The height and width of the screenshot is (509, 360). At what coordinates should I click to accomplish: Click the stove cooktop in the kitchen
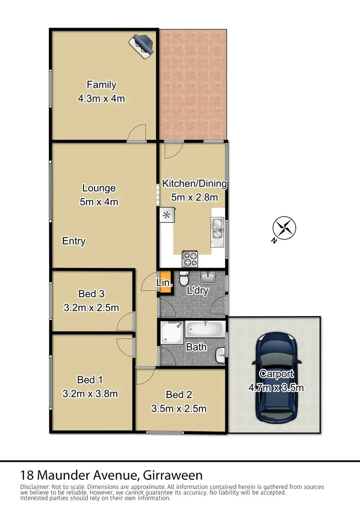click(x=190, y=260)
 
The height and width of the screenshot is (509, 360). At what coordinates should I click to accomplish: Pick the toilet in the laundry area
click(x=183, y=278)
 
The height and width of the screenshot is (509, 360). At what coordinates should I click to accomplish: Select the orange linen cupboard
click(x=166, y=284)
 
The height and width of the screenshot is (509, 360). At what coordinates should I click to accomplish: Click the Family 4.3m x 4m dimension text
click(x=101, y=99)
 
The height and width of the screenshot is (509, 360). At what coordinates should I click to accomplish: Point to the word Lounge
click(x=99, y=189)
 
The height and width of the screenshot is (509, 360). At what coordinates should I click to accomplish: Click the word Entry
click(x=74, y=241)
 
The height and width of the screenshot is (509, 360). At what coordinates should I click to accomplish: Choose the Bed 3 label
click(x=91, y=294)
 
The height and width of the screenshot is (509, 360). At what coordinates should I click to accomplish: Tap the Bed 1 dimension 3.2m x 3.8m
click(x=91, y=394)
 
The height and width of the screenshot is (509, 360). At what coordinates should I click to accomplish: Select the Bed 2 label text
click(x=179, y=395)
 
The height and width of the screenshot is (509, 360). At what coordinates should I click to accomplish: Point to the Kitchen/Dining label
click(x=194, y=184)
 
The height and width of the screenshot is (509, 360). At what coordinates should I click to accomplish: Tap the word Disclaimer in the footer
click(x=35, y=487)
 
